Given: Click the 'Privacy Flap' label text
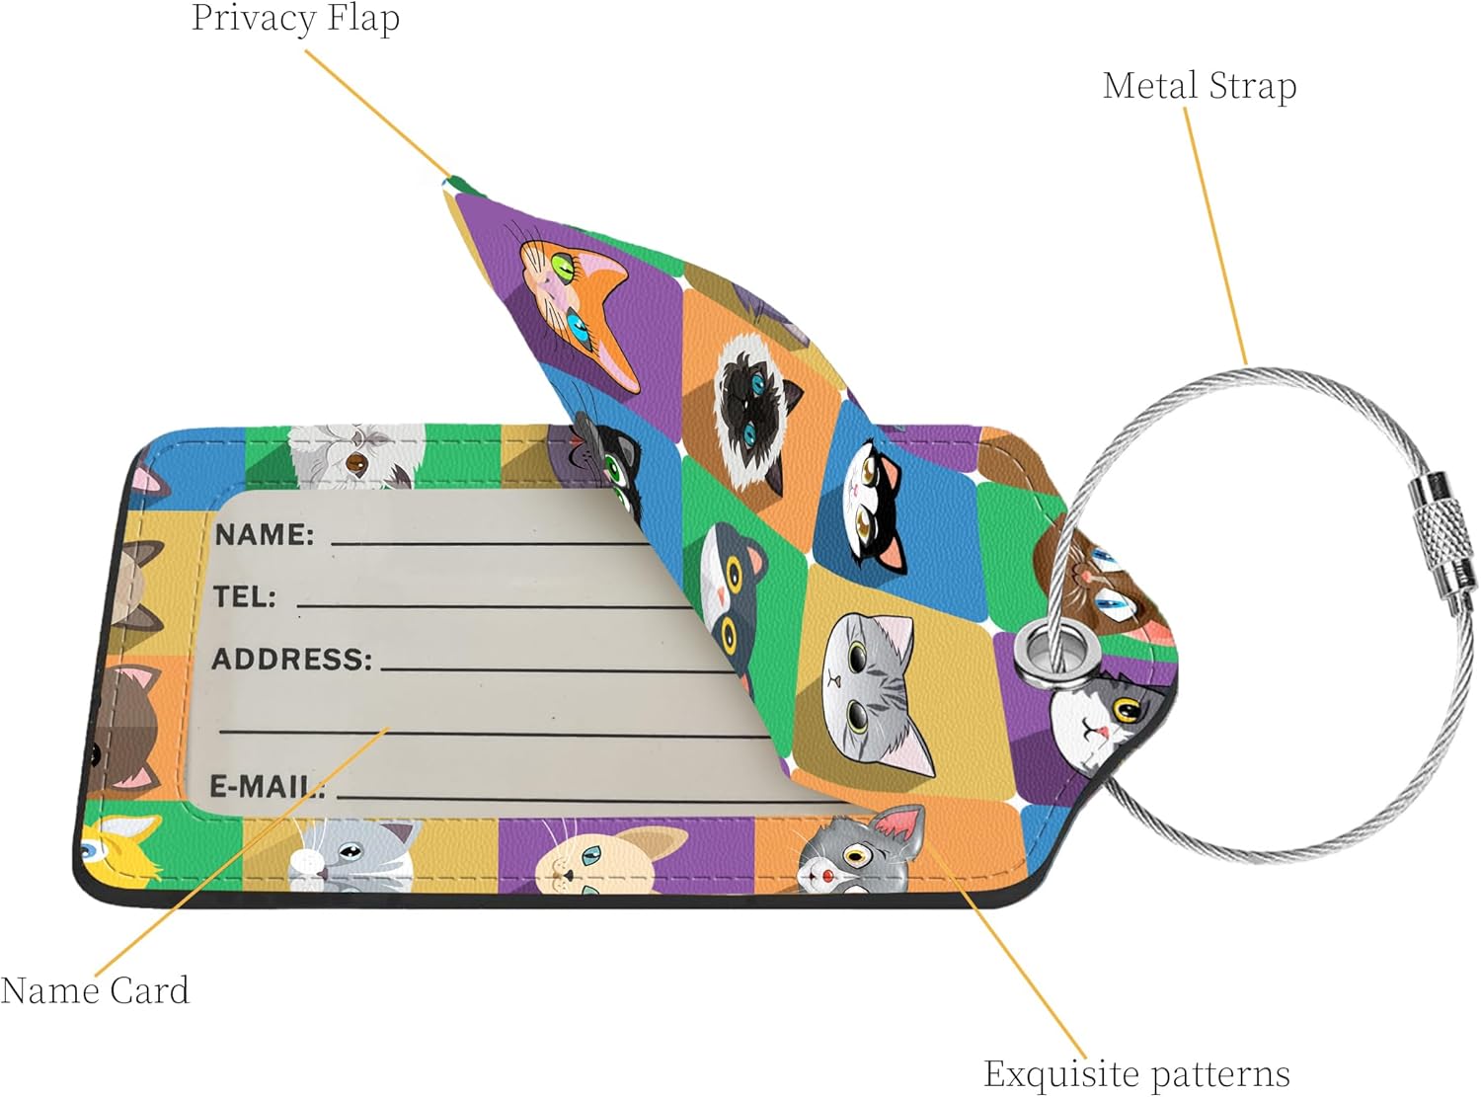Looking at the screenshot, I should tap(295, 18).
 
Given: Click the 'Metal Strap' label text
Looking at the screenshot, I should tap(1199, 86).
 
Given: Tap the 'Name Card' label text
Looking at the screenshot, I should tap(95, 990).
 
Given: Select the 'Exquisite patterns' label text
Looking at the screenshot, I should tap(1136, 1073).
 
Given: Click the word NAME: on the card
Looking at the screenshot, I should tap(264, 535).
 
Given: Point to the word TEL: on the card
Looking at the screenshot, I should tap(245, 596).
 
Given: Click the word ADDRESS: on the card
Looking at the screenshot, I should tap(292, 659).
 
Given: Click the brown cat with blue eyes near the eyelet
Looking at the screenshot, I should tap(1096, 583).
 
